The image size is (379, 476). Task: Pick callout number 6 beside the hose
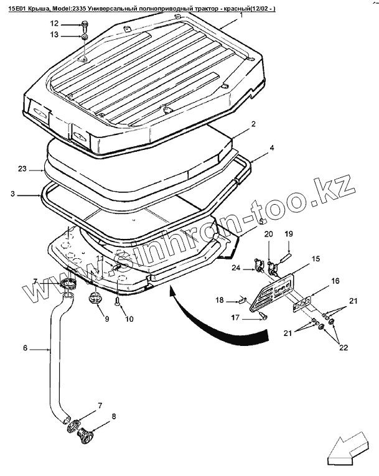26,348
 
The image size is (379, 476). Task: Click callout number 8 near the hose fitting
113,416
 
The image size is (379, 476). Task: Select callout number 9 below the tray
106,319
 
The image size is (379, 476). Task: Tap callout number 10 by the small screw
129,319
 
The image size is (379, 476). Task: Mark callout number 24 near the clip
236,269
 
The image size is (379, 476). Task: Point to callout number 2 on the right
254,124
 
